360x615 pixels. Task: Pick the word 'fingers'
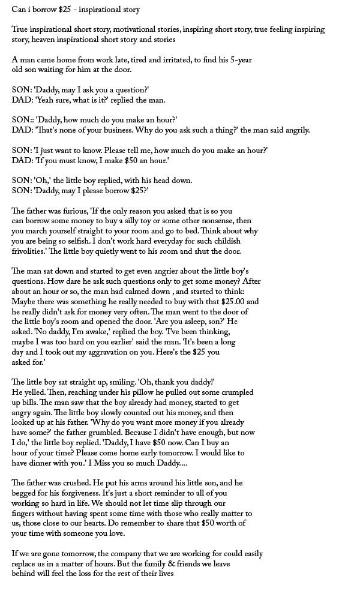click(x=26, y=514)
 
